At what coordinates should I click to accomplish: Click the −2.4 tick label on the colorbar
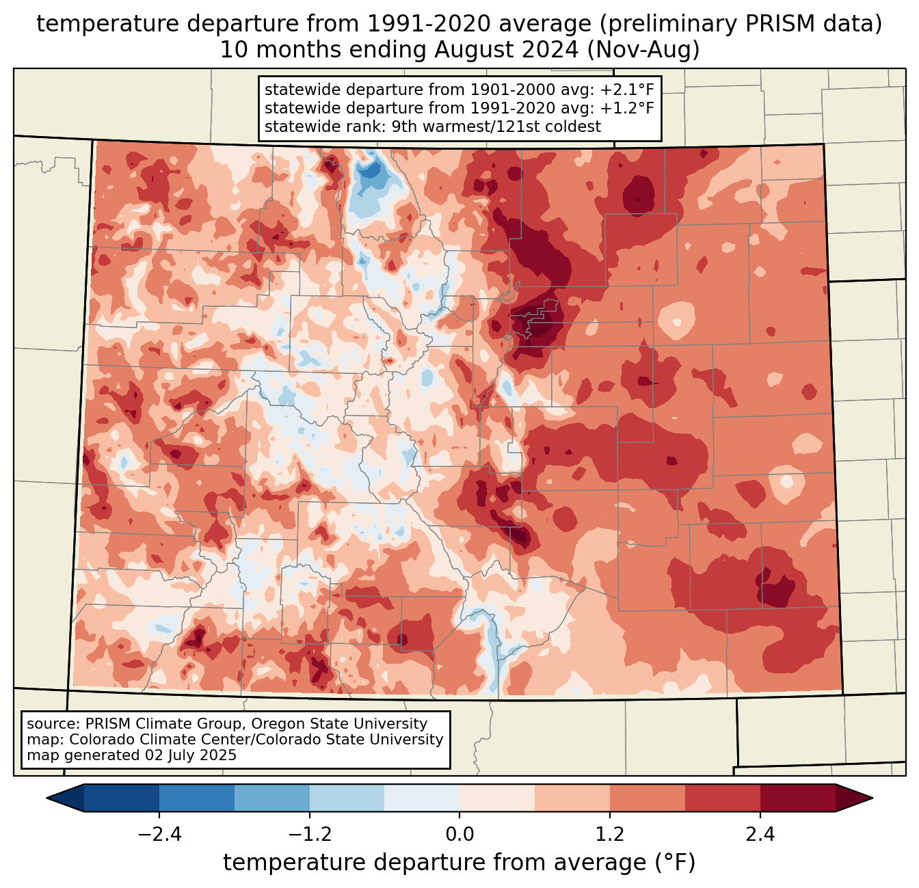pos(159,835)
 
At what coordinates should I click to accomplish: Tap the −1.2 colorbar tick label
pos(309,835)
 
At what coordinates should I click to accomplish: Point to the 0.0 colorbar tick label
pos(459,835)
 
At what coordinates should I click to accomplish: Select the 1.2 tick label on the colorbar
pos(610,835)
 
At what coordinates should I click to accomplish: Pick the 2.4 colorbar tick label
pos(760,835)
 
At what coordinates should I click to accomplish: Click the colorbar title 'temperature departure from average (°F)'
pos(459,863)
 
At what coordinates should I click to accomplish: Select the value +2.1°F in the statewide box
pos(627,90)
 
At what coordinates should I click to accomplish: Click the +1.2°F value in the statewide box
pos(627,108)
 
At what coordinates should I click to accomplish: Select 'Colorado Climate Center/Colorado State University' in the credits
pos(256,740)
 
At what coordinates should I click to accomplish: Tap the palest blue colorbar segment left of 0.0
pos(422,798)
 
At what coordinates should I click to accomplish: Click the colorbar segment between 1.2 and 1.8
pos(648,798)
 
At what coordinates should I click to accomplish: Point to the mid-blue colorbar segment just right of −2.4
pos(197,798)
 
